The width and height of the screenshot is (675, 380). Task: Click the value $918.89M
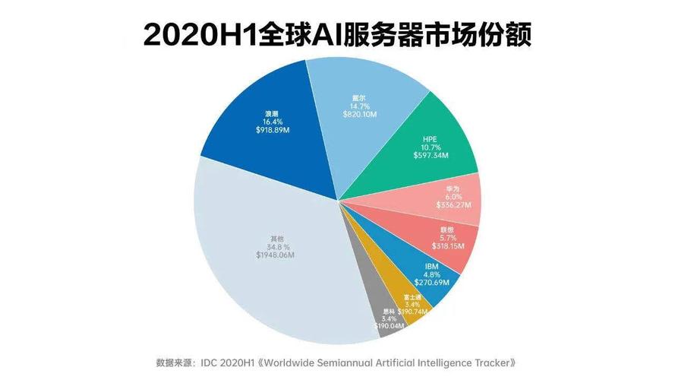tap(271, 130)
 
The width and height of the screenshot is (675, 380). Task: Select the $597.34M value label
tap(430, 155)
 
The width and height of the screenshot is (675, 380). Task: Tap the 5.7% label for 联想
tap(448, 237)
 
